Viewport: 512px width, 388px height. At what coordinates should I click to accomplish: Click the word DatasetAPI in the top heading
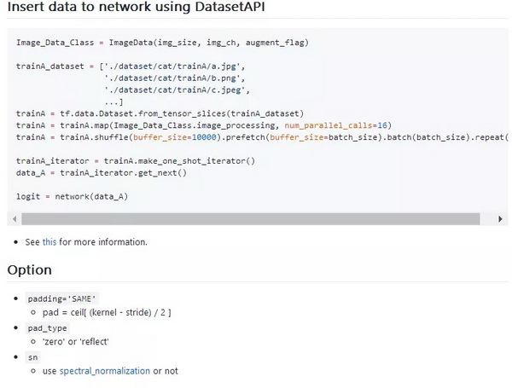click(x=230, y=7)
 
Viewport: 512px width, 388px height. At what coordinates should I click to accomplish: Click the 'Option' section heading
click(x=29, y=270)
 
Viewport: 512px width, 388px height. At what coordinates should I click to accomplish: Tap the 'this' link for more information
click(x=49, y=242)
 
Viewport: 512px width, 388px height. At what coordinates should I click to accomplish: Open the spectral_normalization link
click(x=105, y=371)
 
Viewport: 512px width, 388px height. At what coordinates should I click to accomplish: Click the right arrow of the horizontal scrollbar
click(x=500, y=219)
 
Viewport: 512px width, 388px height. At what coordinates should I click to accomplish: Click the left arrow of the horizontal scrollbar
click(x=15, y=219)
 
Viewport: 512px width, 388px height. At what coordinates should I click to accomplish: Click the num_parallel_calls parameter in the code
click(x=329, y=125)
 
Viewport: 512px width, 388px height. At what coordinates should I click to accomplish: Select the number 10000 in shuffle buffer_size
click(x=204, y=137)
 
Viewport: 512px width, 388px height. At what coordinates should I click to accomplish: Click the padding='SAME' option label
click(x=61, y=299)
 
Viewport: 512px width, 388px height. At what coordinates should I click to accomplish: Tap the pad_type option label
click(x=47, y=328)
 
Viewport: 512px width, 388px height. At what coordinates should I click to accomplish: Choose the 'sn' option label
click(x=32, y=357)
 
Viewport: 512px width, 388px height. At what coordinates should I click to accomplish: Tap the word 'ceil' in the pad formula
click(x=77, y=313)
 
